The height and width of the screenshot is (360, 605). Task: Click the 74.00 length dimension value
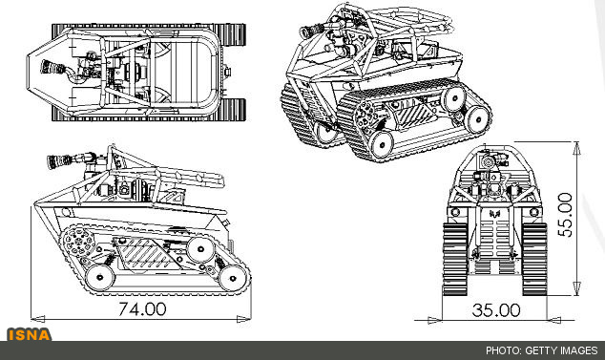click(142, 309)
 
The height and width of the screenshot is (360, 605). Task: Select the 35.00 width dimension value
click(496, 310)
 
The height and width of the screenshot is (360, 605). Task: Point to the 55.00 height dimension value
click(565, 215)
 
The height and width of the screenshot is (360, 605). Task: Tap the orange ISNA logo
click(29, 335)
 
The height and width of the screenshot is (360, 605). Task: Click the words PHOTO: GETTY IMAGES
click(541, 350)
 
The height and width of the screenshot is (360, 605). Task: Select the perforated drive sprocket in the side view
click(78, 242)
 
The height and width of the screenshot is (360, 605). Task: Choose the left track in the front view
click(455, 259)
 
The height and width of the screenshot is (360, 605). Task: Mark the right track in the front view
click(534, 259)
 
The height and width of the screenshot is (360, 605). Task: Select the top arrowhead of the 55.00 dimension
click(576, 148)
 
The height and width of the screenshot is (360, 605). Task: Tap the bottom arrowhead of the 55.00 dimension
click(576, 288)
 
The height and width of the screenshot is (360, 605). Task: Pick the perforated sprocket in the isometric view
click(366, 114)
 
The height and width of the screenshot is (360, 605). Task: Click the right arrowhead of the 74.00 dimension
click(244, 319)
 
